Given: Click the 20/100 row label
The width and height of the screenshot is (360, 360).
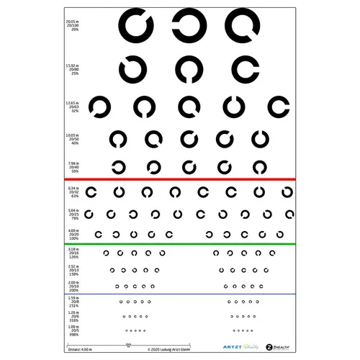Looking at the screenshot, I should pos(71,25).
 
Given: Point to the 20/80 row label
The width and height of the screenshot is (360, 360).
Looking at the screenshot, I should pos(71,70).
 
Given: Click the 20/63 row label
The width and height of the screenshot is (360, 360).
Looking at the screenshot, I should pos(72,107).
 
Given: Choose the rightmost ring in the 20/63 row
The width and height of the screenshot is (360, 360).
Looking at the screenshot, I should pos(277,107).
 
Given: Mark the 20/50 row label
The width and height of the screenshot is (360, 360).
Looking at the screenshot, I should pos(72,139).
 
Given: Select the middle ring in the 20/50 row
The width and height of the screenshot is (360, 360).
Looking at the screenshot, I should pos(189,138).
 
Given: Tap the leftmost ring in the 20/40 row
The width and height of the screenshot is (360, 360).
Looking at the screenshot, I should pos(117,167).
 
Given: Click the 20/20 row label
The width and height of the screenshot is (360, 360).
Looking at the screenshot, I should pos(73,234).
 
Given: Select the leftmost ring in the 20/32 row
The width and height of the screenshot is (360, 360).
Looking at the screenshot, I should pos(91,192).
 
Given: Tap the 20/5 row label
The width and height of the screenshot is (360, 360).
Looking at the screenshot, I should pos(73,331).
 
